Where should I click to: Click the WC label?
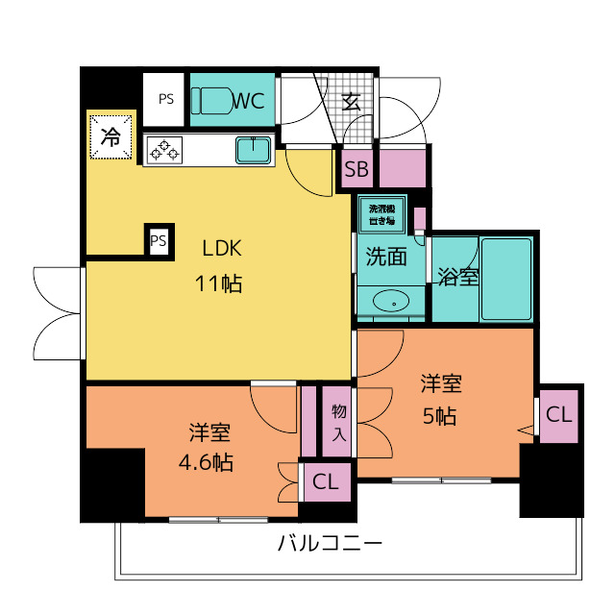pos(250,99)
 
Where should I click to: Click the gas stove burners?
pos(164,150)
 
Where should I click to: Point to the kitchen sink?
pos(253,150)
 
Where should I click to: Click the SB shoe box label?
pos(357,171)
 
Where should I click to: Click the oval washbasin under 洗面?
pos(391,302)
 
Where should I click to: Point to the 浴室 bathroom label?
pos(457,278)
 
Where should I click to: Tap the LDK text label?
pos(223,248)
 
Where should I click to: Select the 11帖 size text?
pos(221,283)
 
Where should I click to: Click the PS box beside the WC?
pos(166,98)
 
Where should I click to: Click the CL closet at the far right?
pos(558,415)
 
